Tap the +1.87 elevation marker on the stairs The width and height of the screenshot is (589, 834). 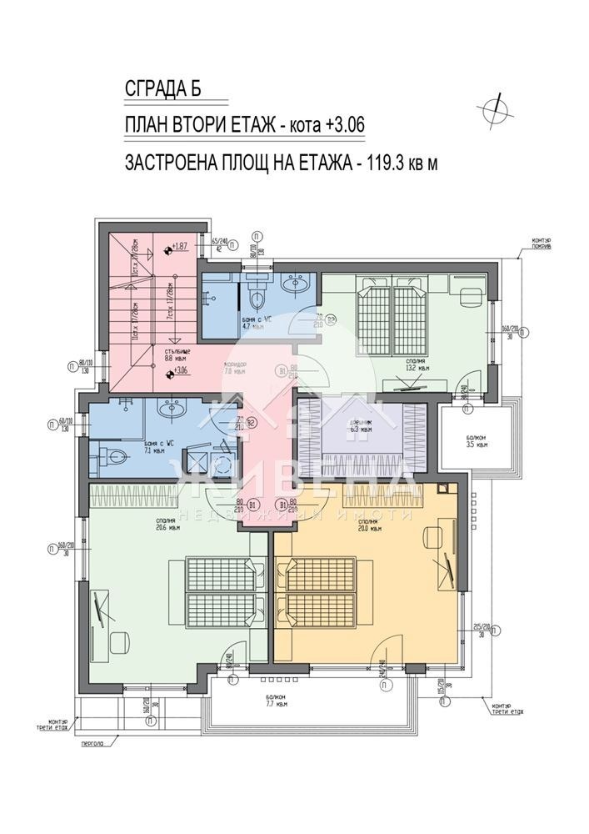(177, 248)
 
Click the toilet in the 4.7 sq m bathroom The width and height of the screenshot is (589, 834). (257, 299)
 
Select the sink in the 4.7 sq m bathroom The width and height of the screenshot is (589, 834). (295, 286)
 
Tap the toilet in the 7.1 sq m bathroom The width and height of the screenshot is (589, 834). (114, 456)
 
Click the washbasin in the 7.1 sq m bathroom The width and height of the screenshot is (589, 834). (175, 409)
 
